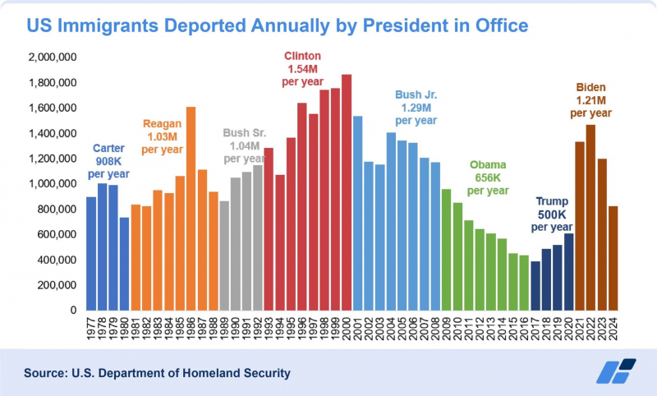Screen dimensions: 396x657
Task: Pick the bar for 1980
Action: [123, 264]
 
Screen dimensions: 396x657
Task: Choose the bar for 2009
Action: [447, 250]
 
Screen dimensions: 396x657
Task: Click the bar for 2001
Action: [357, 213]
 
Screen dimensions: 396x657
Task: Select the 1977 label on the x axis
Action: [91, 329]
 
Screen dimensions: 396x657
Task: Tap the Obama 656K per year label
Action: [489, 179]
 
